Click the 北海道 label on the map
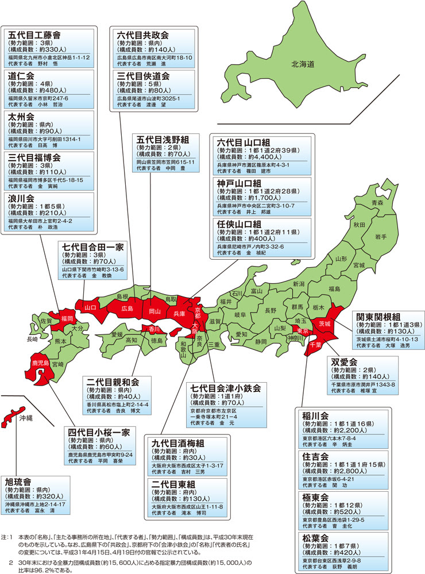302,65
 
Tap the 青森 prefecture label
377,203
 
